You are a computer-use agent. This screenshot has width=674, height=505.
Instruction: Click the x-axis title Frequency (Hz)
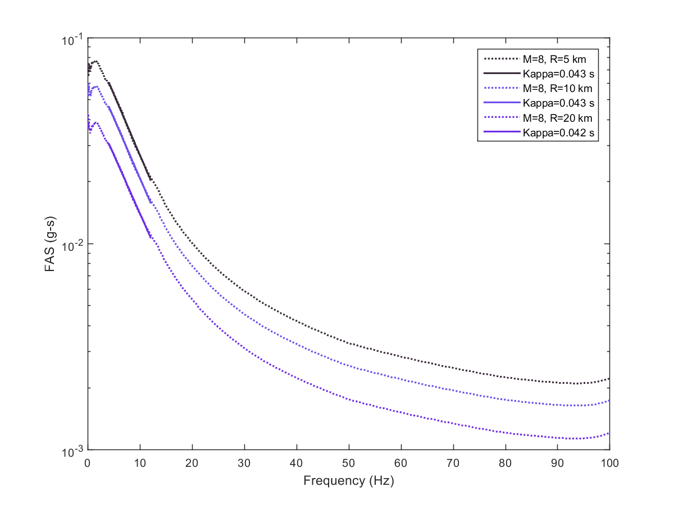point(348,481)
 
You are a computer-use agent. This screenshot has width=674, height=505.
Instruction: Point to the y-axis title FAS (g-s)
point(50,244)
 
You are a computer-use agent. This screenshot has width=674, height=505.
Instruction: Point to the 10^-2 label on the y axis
point(72,245)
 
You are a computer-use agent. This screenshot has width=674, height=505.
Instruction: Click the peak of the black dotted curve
point(96,61)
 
